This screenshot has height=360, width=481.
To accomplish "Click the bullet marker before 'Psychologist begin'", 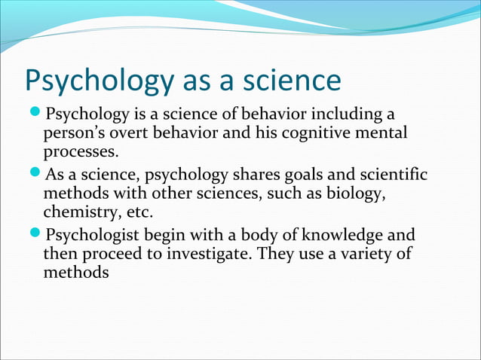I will pos(37,235).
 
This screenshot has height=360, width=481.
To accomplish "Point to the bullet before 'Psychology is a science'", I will pos(37,114).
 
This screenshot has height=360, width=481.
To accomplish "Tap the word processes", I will pos(81,153).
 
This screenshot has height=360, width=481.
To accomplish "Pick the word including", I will pos(345,114).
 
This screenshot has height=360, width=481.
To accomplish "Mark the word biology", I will pos(360,194).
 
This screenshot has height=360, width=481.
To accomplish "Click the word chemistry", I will pos(79,212).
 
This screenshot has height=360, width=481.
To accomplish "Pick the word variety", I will pos(366,254).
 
